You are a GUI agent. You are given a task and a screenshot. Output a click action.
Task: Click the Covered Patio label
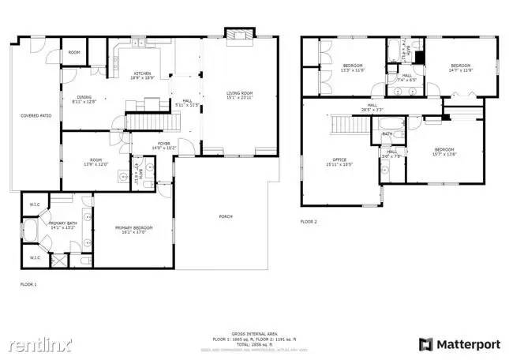(x=36, y=116)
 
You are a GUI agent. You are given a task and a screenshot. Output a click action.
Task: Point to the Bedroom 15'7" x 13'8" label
(x=444, y=152)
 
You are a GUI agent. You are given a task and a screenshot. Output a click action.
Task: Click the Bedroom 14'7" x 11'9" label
(x=460, y=67)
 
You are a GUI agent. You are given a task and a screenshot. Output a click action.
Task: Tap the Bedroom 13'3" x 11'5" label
(x=352, y=67)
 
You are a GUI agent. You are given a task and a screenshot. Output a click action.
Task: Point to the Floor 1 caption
(x=28, y=283)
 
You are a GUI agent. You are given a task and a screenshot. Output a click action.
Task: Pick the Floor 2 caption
(x=308, y=222)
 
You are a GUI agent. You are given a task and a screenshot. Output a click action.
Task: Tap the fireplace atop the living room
(x=237, y=36)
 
